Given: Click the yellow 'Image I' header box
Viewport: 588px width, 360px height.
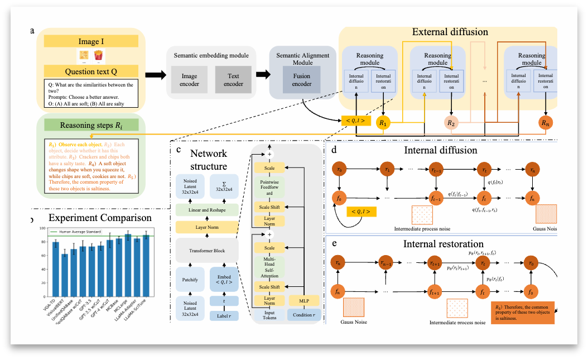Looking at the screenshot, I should [x=91, y=41].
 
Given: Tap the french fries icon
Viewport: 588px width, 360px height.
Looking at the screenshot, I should [x=99, y=55].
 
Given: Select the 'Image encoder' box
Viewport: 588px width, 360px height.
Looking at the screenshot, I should [x=188, y=79].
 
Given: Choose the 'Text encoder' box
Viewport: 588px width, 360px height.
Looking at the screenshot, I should [x=233, y=79].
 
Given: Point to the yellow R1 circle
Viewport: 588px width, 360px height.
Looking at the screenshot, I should [x=383, y=122].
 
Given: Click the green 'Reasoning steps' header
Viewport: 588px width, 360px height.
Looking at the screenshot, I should [x=91, y=126].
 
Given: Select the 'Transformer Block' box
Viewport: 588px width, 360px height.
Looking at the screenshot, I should [x=208, y=251].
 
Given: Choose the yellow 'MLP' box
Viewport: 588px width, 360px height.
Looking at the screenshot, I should [x=303, y=300].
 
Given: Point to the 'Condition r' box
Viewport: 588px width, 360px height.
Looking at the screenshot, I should [x=303, y=315].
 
